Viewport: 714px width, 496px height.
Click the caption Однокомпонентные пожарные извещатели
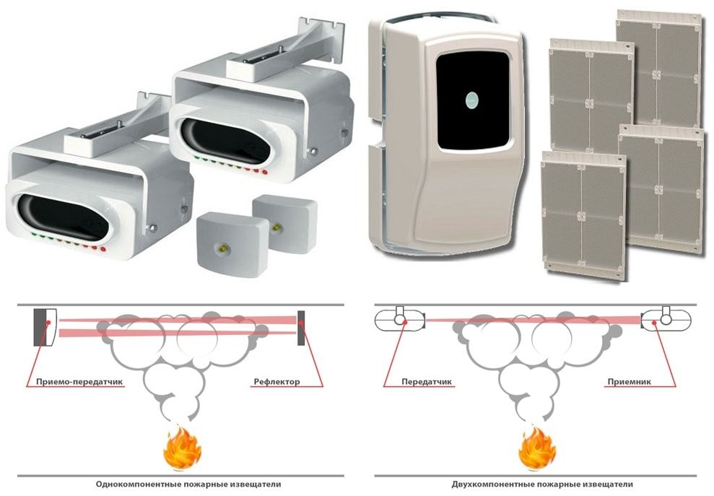(x=188, y=484)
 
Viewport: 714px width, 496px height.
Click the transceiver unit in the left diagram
(x=44, y=326)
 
